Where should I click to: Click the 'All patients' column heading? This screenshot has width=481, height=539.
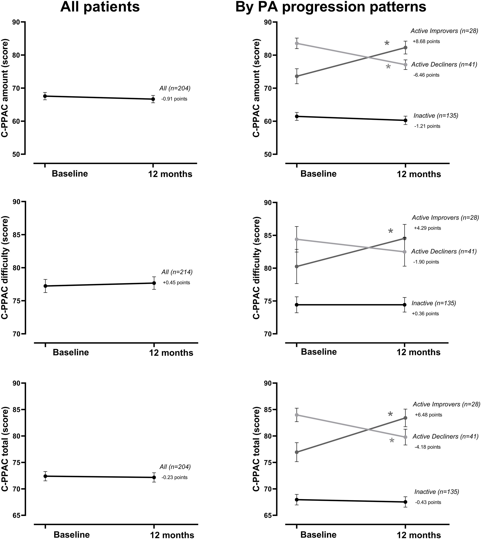(x=100, y=7)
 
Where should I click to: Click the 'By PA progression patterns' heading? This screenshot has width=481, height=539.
(x=331, y=7)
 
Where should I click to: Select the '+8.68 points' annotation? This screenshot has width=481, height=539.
(x=426, y=41)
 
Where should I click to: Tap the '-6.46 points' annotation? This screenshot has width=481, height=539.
(x=426, y=75)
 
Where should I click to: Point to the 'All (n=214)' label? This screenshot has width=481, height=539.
(x=177, y=272)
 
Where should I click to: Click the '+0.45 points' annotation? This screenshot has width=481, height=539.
(x=176, y=283)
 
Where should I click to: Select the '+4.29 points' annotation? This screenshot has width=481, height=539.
(x=427, y=228)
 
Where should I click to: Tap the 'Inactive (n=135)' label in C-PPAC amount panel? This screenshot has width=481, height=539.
(x=436, y=115)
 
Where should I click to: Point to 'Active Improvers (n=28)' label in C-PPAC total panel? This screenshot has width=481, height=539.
(x=446, y=404)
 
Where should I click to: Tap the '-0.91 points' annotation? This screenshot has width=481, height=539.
(x=174, y=99)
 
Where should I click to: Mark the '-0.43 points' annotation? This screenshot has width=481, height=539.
(x=428, y=502)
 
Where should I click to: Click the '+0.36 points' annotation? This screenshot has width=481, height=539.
(x=425, y=314)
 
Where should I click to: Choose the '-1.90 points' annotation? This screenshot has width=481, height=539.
(x=426, y=262)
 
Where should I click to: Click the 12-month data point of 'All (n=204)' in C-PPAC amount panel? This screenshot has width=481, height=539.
(x=153, y=99)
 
